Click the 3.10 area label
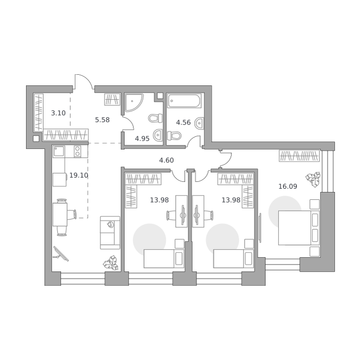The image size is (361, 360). point(58,113)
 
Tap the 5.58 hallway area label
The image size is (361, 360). point(102,120)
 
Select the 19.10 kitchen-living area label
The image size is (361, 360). point(79,175)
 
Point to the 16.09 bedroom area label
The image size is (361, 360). point(288,186)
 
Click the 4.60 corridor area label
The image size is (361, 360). point(167,160)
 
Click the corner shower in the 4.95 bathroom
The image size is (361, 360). point(134,102)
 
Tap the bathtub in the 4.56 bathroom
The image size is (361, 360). point(184,101)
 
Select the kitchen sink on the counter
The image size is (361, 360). point(59,152)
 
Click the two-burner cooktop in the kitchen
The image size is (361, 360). point(78,152)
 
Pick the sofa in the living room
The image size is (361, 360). point(110,233)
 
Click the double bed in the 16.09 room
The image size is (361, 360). point(299,228)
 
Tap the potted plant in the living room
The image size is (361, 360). point(111,262)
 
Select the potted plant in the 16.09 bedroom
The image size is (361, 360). point(313,179)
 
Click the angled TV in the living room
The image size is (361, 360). point(61,254)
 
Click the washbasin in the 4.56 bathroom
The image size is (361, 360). point(200,123)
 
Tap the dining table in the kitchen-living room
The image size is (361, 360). point(60,215)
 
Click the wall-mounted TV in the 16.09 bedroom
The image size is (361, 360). point(260,228)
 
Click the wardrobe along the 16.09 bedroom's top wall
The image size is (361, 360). point(299,156)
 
